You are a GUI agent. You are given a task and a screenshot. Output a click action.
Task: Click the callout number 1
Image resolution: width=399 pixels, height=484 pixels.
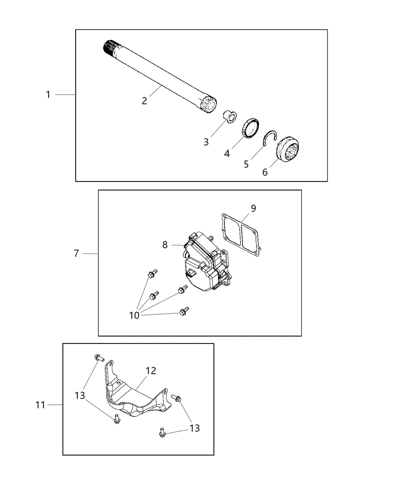click(x=48, y=95)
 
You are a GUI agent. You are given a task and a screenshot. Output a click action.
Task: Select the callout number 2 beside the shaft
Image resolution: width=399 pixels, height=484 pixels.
click(x=144, y=101)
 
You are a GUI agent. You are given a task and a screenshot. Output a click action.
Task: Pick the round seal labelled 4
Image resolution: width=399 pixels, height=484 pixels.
click(x=251, y=128)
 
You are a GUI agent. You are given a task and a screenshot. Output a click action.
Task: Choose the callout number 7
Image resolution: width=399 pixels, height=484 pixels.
click(x=76, y=253)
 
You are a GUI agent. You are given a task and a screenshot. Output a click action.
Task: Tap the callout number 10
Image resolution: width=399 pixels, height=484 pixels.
click(x=134, y=315)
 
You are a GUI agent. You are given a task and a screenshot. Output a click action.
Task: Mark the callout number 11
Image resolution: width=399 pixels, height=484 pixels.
click(x=40, y=405)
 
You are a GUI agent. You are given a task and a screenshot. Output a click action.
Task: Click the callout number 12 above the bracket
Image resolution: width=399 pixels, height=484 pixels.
click(x=151, y=370)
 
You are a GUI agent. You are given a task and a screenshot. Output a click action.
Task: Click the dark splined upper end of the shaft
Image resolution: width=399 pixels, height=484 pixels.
click(x=111, y=49)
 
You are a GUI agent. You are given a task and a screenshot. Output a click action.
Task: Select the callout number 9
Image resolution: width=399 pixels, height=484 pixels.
click(x=253, y=208)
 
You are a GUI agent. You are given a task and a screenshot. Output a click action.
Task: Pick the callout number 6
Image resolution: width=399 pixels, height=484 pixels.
click(x=265, y=172)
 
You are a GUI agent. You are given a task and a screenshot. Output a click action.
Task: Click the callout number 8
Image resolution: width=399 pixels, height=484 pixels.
click(x=165, y=245)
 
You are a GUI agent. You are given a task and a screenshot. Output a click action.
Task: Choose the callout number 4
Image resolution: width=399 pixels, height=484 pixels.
click(x=227, y=153)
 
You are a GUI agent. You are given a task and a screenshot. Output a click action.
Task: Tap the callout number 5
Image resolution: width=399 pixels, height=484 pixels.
click(x=246, y=164)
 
